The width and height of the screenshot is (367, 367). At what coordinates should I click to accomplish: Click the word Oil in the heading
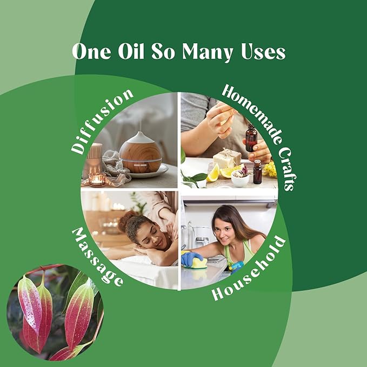pos(131,51)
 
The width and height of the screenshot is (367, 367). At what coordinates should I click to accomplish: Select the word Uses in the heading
pos(263,51)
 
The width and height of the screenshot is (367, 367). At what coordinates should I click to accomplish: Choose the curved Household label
pos(249,269)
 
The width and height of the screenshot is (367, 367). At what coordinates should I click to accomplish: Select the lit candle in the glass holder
pos(97,179)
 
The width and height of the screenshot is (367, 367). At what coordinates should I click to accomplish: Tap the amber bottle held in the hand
pos(251,137)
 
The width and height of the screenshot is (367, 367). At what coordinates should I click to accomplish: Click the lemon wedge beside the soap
pos(213,173)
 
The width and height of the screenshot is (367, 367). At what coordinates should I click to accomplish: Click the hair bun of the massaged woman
pos(125,222)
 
